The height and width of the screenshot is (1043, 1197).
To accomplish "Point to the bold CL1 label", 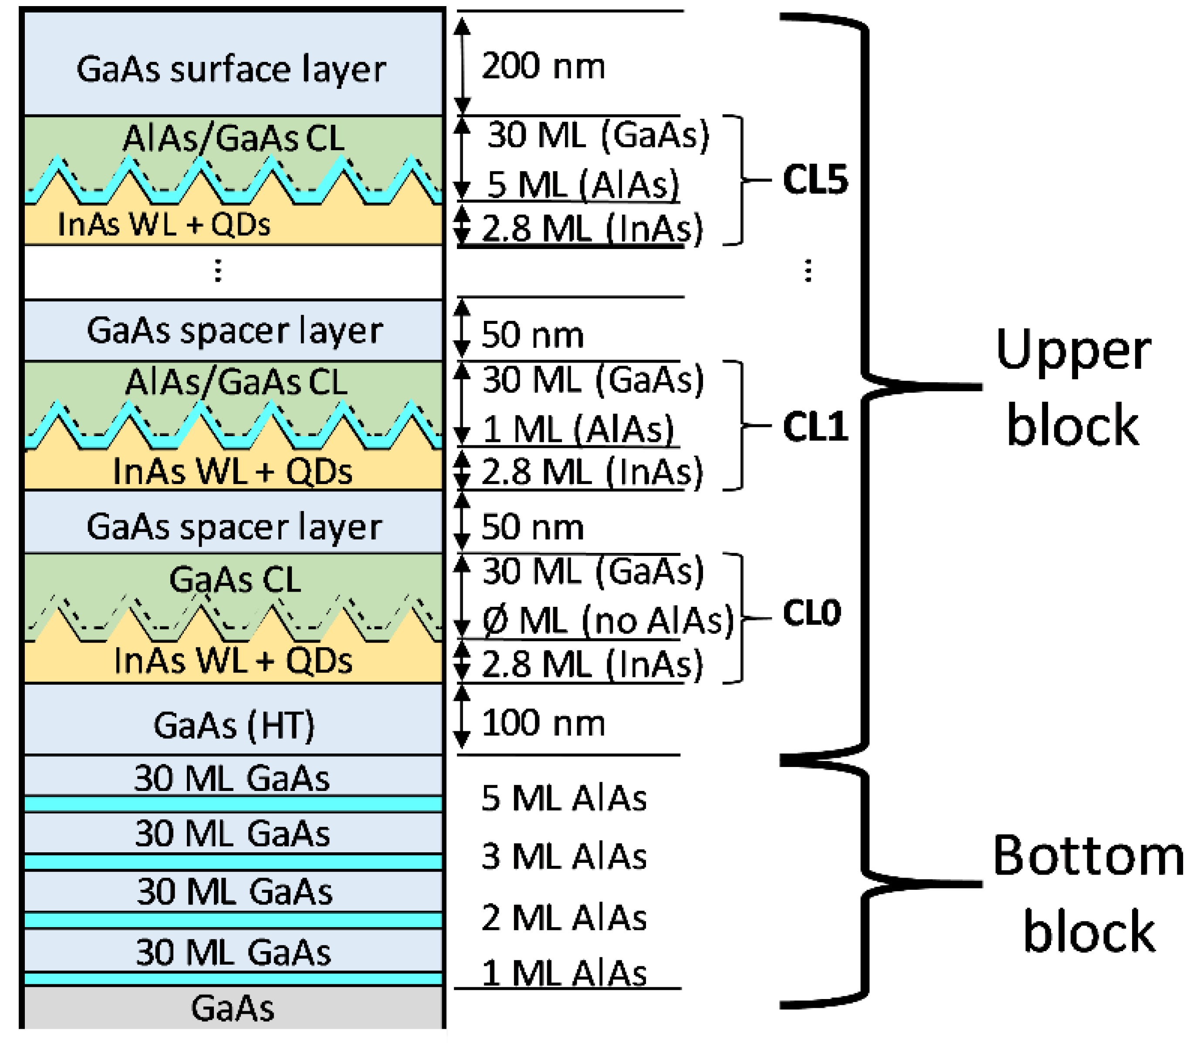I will [815, 426].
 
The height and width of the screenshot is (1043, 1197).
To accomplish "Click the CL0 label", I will [812, 612].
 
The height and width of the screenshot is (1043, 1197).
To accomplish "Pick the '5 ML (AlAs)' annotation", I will [582, 185].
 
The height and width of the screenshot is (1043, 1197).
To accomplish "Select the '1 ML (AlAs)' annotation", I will [578, 430].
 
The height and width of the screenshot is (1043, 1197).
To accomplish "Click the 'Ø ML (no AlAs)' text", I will [608, 620].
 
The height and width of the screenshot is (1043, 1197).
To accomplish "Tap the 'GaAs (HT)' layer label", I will [234, 725].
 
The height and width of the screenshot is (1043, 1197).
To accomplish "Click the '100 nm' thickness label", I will [543, 723].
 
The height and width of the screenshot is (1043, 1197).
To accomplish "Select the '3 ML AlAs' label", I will [564, 856].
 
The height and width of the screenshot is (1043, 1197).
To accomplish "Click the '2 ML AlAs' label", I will [564, 918].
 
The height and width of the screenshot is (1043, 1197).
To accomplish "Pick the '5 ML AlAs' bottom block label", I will [564, 797].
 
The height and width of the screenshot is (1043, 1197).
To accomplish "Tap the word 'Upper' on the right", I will [1073, 351].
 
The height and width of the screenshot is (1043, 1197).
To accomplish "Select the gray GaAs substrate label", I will [233, 1009].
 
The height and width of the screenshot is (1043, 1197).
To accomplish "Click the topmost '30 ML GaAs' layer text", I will [232, 777].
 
